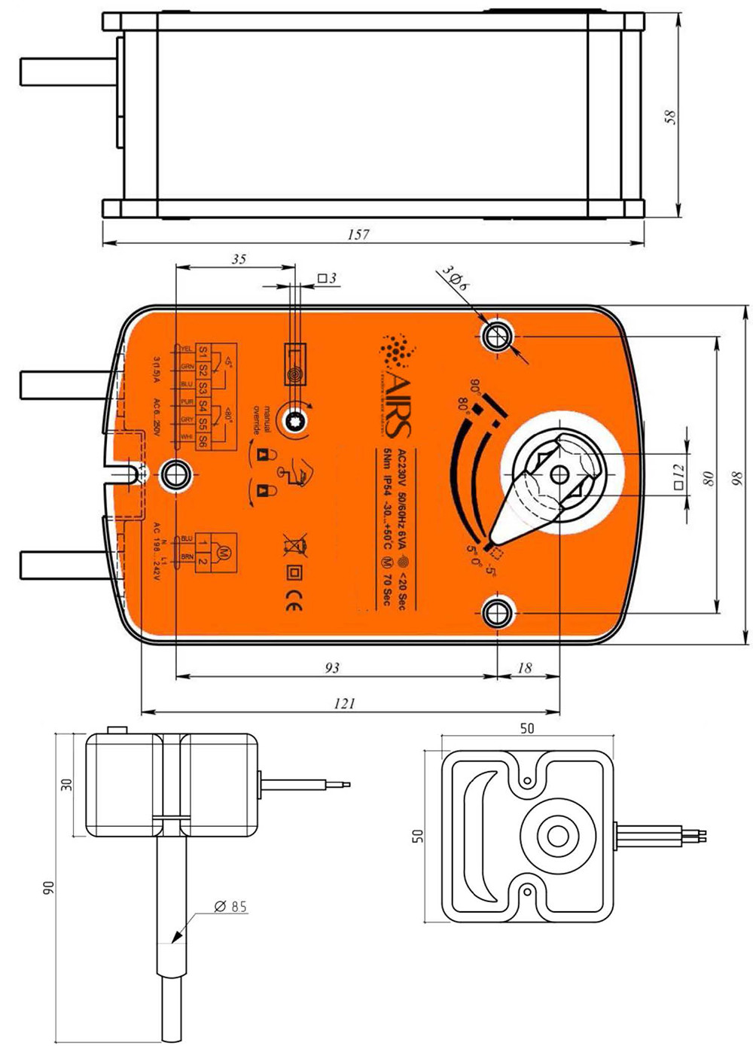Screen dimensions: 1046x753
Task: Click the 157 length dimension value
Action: [358, 234]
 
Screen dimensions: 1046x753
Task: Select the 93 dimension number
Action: [331, 667]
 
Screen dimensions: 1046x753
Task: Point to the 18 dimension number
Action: [525, 667]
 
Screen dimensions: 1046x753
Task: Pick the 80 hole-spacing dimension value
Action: [707, 478]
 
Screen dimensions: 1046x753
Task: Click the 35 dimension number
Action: [238, 259]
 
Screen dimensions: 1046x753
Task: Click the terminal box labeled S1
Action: [203, 352]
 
